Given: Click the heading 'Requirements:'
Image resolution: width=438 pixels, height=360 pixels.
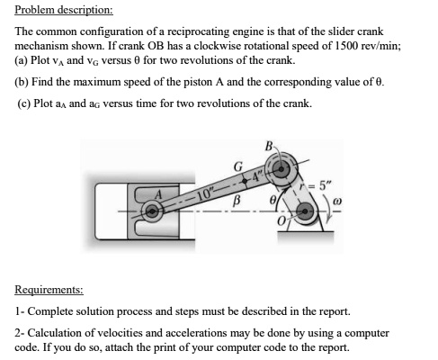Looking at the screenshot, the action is click(49, 290).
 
